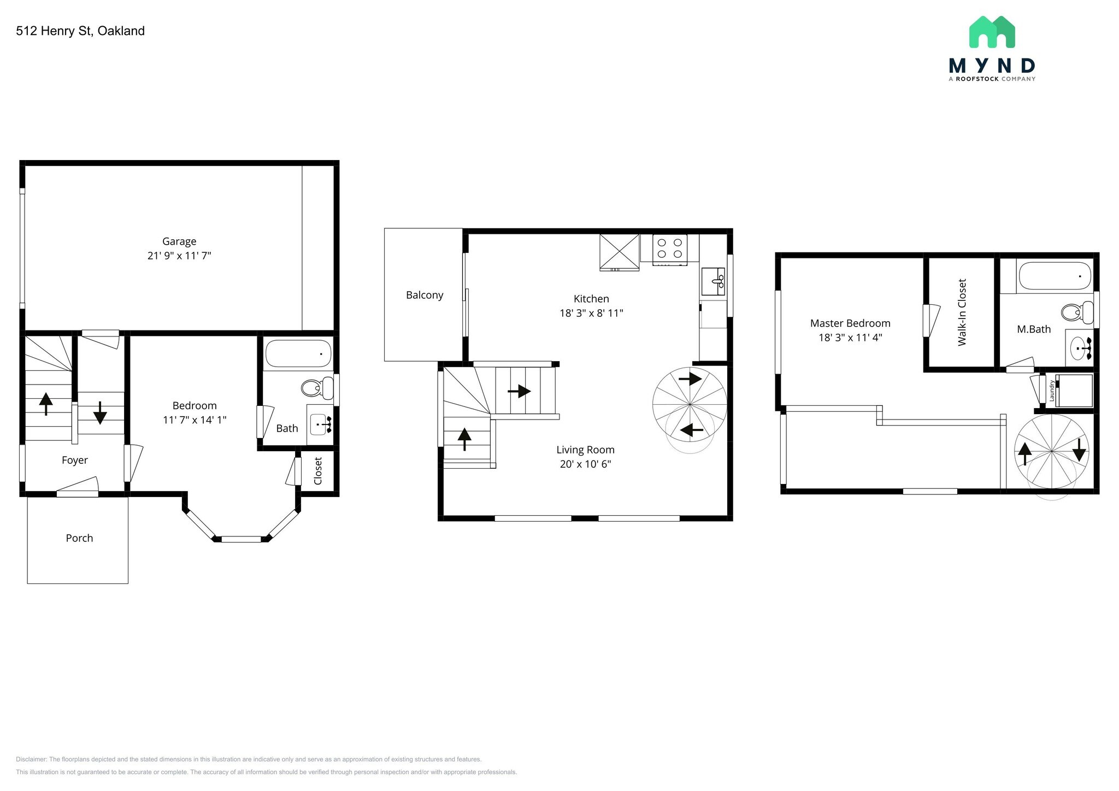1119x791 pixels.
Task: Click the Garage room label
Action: coord(179,241)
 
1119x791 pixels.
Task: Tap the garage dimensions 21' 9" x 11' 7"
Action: coord(179,256)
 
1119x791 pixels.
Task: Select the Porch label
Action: coord(79,538)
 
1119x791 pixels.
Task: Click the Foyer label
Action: coord(75,460)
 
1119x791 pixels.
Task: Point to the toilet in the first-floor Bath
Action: coord(317,388)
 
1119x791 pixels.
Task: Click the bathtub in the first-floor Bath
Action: coord(298,354)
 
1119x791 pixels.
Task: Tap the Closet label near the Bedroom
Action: coord(318,471)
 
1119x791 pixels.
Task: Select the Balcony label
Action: coord(425,295)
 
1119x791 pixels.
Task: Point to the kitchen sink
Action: coord(712,281)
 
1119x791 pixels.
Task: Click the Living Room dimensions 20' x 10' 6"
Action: coord(585,464)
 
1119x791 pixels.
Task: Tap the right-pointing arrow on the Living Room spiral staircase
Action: coord(691,378)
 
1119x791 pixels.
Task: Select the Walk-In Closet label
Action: coord(962,312)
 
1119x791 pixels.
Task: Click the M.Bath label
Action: coord(1034,329)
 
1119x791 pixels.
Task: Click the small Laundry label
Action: coord(1051,391)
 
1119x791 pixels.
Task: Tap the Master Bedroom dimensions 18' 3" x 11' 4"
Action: coord(850,338)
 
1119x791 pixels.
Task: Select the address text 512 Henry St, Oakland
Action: coord(80,31)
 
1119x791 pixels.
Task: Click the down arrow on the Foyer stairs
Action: coord(100,412)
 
